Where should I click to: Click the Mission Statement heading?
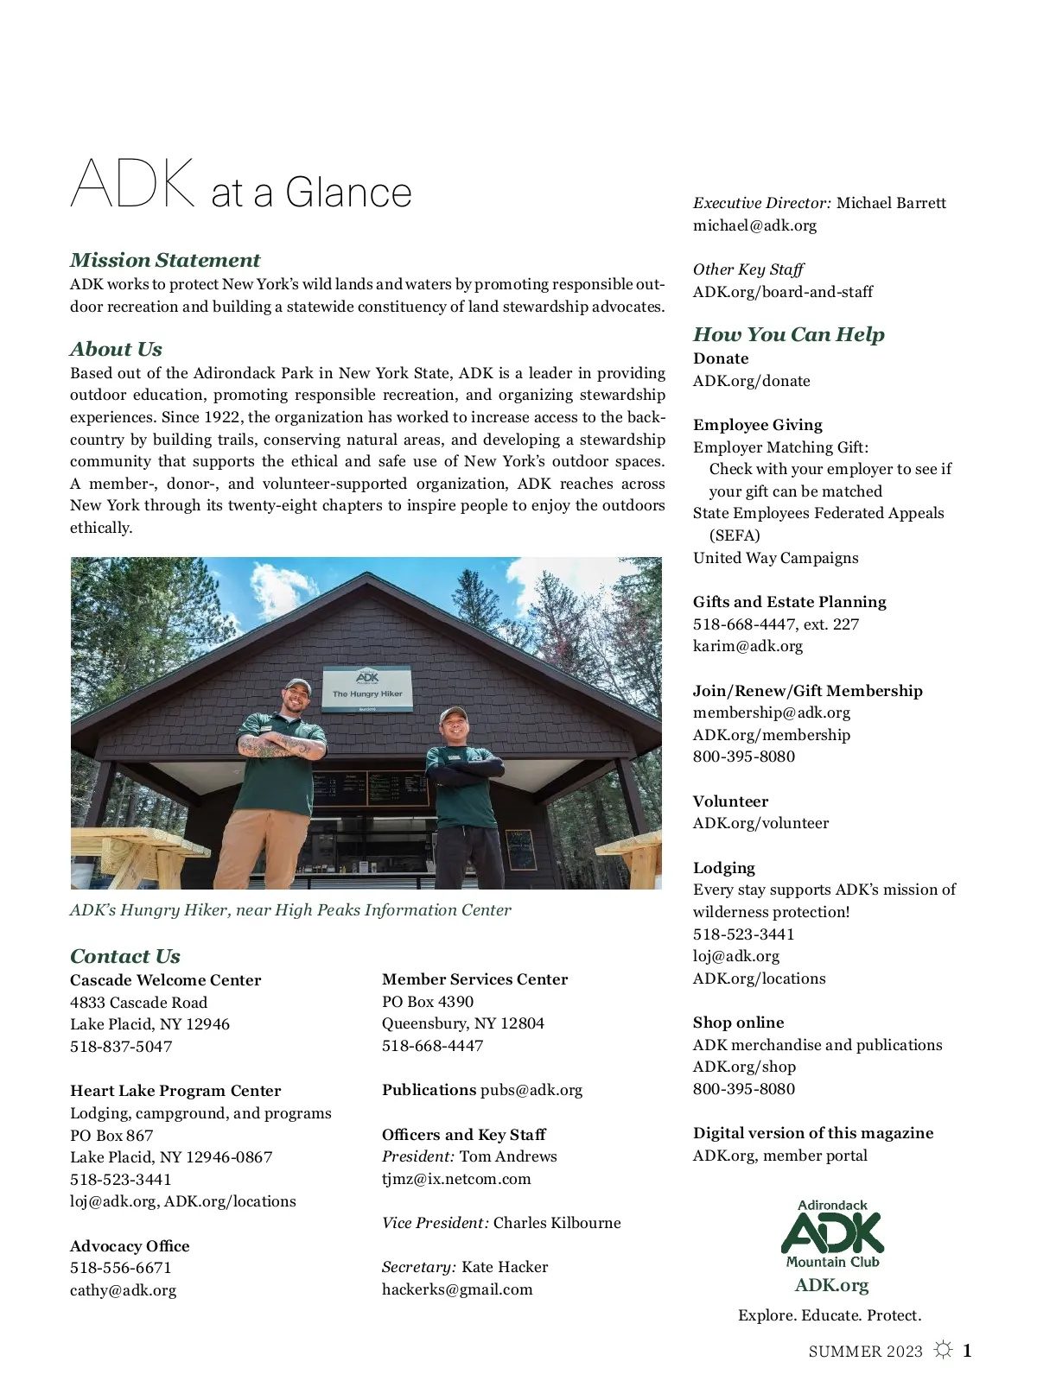coord(165,260)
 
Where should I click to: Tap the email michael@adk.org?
coord(754,225)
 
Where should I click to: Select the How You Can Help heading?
coord(788,334)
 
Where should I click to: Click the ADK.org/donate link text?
coord(751,381)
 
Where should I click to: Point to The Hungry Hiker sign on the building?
coord(367,687)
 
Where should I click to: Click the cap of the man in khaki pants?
coord(297,687)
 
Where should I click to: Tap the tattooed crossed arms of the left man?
coord(278,745)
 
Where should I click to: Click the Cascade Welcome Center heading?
coord(165,980)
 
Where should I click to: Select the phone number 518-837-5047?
coord(121,1046)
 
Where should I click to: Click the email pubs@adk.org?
coord(531,1090)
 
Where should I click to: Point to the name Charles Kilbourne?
coord(557,1223)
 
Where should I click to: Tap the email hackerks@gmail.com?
coord(457,1289)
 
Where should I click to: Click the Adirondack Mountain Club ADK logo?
coord(832,1235)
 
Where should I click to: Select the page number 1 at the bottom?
coord(967,1351)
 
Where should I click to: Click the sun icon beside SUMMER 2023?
coord(943,1350)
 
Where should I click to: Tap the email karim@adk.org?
coord(748,646)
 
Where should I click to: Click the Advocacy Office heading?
coord(130,1246)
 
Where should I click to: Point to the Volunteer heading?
coord(730,801)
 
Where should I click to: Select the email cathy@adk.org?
coord(123,1290)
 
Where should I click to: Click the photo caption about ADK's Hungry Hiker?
coord(290,910)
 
